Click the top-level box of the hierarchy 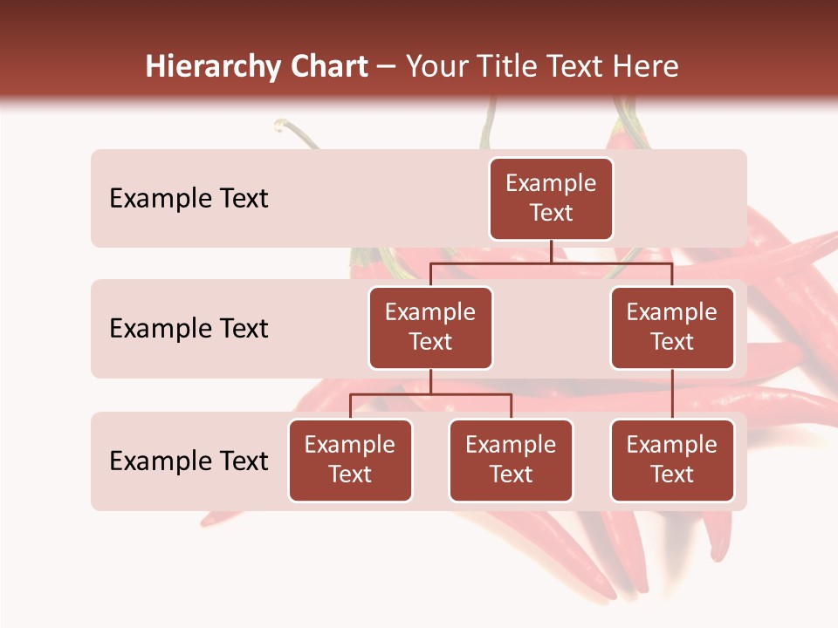[x=551, y=199]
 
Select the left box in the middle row [x=430, y=328]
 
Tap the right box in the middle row [x=672, y=328]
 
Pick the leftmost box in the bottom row [x=350, y=461]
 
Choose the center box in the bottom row [x=511, y=461]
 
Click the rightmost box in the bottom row [x=672, y=461]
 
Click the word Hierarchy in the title [x=212, y=67]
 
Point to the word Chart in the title [x=329, y=67]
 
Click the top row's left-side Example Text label [x=189, y=199]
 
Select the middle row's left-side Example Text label [x=189, y=329]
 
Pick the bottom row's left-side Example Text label [x=189, y=461]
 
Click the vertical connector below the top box [x=551, y=251]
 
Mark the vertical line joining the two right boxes [x=672, y=394]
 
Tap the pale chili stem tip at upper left [x=280, y=125]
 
